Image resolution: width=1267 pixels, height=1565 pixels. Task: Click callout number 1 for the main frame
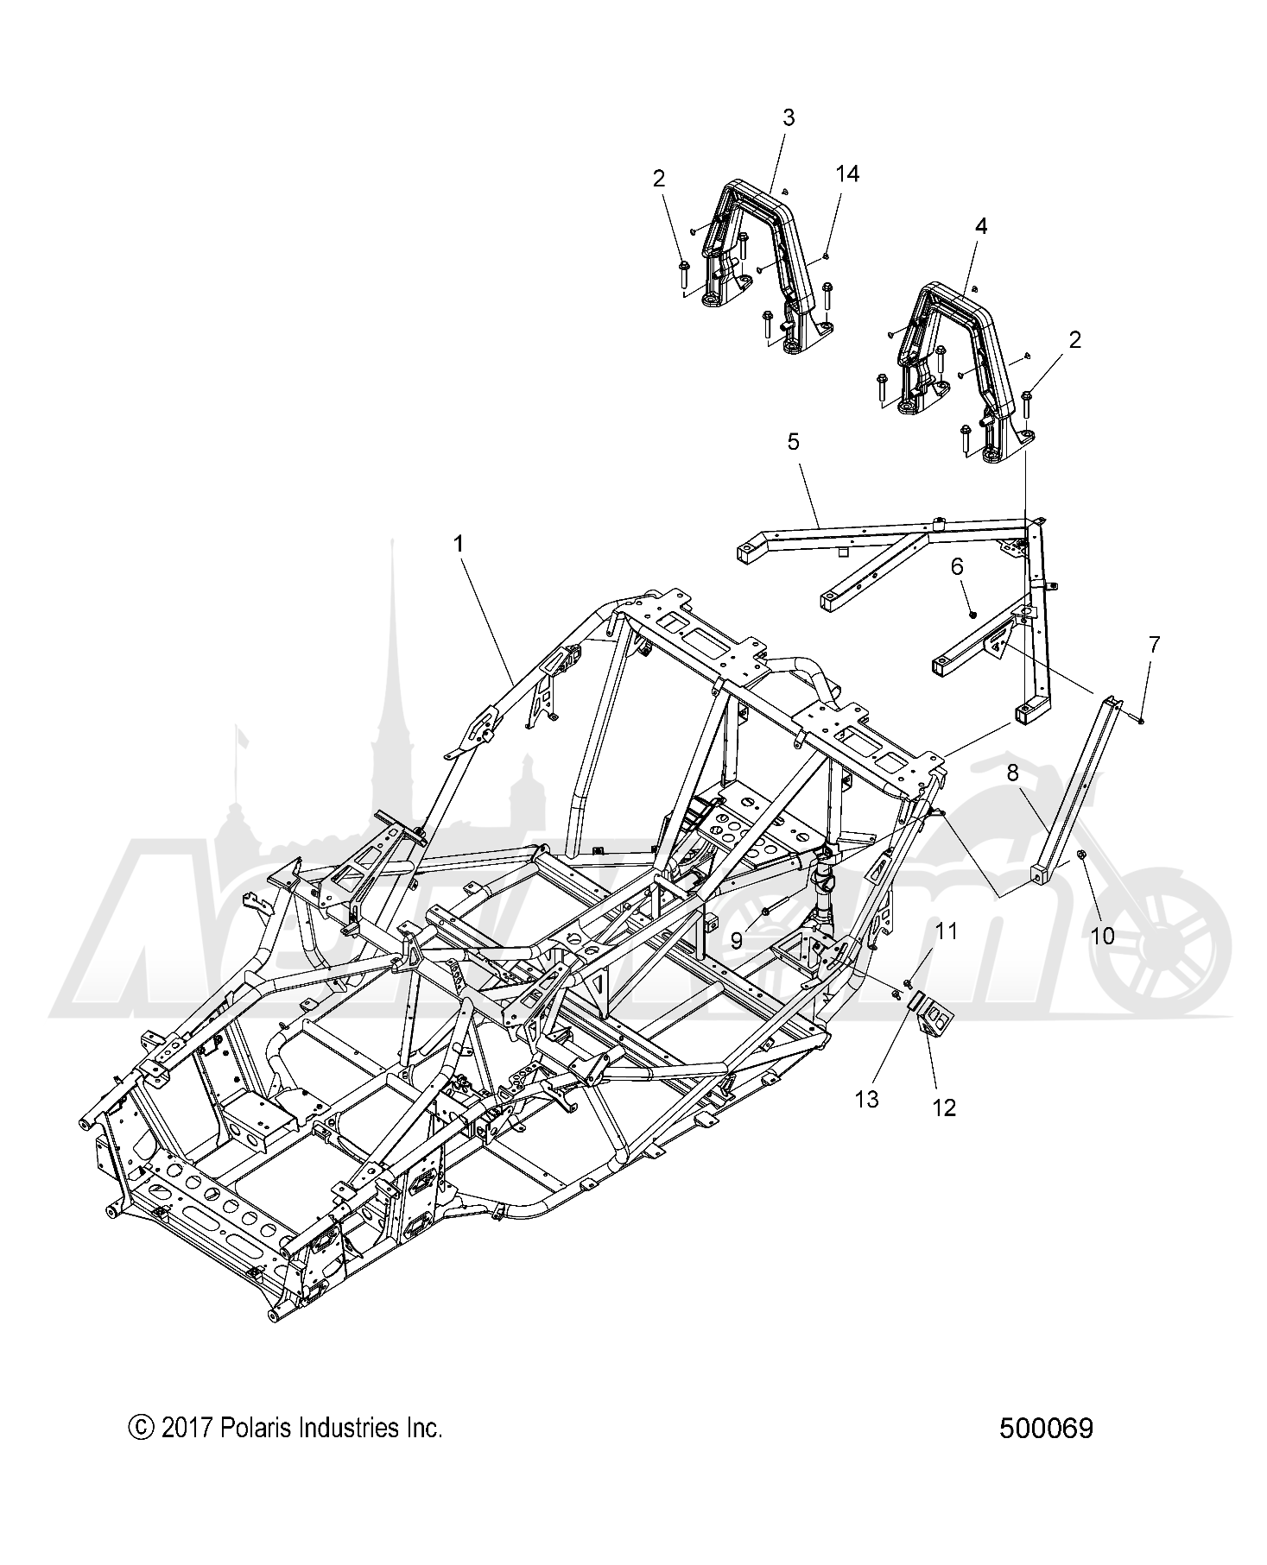coord(459,544)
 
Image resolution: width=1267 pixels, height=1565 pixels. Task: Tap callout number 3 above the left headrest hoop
coord(789,117)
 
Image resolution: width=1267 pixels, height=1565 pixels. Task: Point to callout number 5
coord(794,442)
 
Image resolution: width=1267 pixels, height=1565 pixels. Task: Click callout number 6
coord(957,566)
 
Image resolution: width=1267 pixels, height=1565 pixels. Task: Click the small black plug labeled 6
coord(973,614)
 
